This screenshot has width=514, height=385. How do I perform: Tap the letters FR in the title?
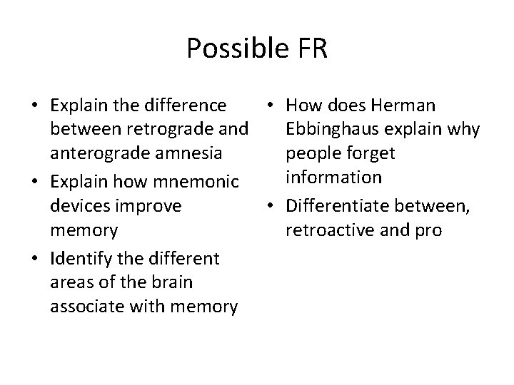(x=308, y=48)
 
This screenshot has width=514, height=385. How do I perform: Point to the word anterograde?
(x=97, y=153)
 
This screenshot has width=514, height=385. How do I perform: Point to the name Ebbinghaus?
(x=332, y=130)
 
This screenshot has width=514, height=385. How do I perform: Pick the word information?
(x=333, y=177)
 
